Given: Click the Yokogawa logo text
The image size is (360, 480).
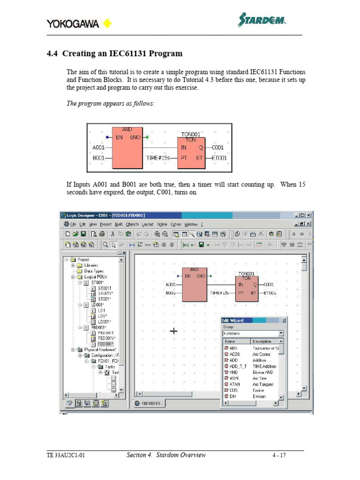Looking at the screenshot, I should (73, 23).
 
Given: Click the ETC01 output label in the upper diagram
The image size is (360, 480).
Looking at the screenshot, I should (219, 158).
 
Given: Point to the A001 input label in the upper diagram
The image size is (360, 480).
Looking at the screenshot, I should (98, 147).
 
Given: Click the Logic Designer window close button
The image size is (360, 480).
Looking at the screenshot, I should (308, 215).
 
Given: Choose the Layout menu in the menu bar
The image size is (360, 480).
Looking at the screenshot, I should (148, 225).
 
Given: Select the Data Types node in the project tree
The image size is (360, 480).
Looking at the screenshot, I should (94, 271).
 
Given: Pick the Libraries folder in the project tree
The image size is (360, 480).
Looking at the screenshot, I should (91, 265).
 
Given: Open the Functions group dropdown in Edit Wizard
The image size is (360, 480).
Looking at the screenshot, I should (281, 334).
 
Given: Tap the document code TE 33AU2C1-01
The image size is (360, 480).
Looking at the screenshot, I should (66, 455).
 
